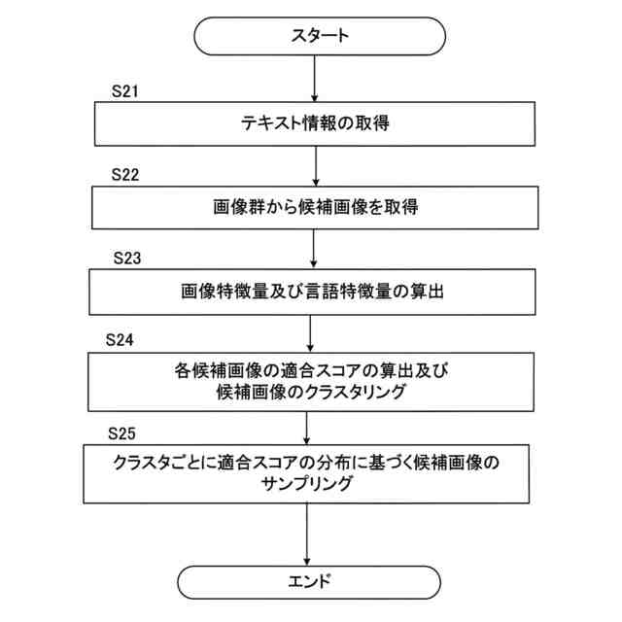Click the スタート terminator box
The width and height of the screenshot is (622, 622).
[x=320, y=36]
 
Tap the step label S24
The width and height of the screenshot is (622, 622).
[x=119, y=341]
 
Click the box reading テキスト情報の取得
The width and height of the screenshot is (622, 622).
[x=317, y=123]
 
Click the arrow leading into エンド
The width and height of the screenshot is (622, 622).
[x=306, y=536]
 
